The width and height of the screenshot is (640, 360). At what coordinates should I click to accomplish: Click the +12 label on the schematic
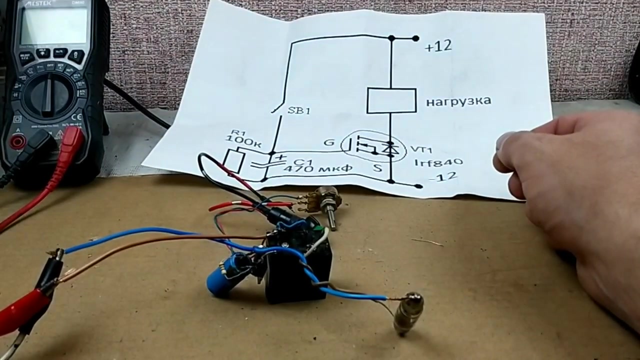coord(438,46)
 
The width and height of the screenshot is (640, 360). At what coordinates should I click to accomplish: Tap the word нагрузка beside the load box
coord(458,101)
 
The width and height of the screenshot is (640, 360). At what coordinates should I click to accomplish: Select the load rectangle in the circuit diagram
coord(391,100)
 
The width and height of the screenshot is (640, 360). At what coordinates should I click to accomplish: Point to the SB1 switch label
coord(299,110)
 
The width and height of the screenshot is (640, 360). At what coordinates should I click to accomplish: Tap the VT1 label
coord(421,150)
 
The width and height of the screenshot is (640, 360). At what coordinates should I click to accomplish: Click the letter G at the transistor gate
coord(329,142)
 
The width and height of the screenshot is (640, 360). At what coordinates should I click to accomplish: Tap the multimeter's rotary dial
coord(47,95)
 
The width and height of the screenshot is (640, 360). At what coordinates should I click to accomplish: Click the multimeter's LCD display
coord(53,26)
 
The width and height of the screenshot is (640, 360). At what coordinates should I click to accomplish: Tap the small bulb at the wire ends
coord(407,313)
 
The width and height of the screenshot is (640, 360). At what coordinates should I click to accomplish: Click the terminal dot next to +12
coord(415,38)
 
